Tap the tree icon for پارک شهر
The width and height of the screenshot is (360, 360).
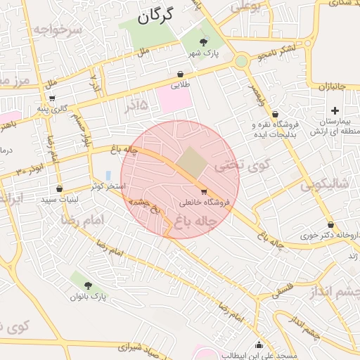(x=203, y=43)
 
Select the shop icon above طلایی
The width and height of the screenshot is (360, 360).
(x=181, y=74)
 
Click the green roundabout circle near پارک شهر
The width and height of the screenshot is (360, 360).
(x=241, y=62)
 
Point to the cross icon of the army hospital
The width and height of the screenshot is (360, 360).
(x=335, y=110)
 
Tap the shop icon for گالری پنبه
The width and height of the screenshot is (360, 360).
(x=52, y=98)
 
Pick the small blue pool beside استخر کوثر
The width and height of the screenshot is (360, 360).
(x=108, y=175)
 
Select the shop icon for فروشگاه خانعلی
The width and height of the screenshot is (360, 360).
(x=204, y=191)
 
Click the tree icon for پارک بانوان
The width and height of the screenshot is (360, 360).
(x=88, y=285)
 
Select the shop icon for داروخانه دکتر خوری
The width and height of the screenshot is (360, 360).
(x=330, y=225)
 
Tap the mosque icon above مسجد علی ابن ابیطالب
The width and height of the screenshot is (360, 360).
(x=259, y=345)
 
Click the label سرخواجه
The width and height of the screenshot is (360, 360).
(x=57, y=30)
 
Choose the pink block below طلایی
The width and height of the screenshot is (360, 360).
(x=174, y=99)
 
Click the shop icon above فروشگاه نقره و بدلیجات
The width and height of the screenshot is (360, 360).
(x=275, y=114)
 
